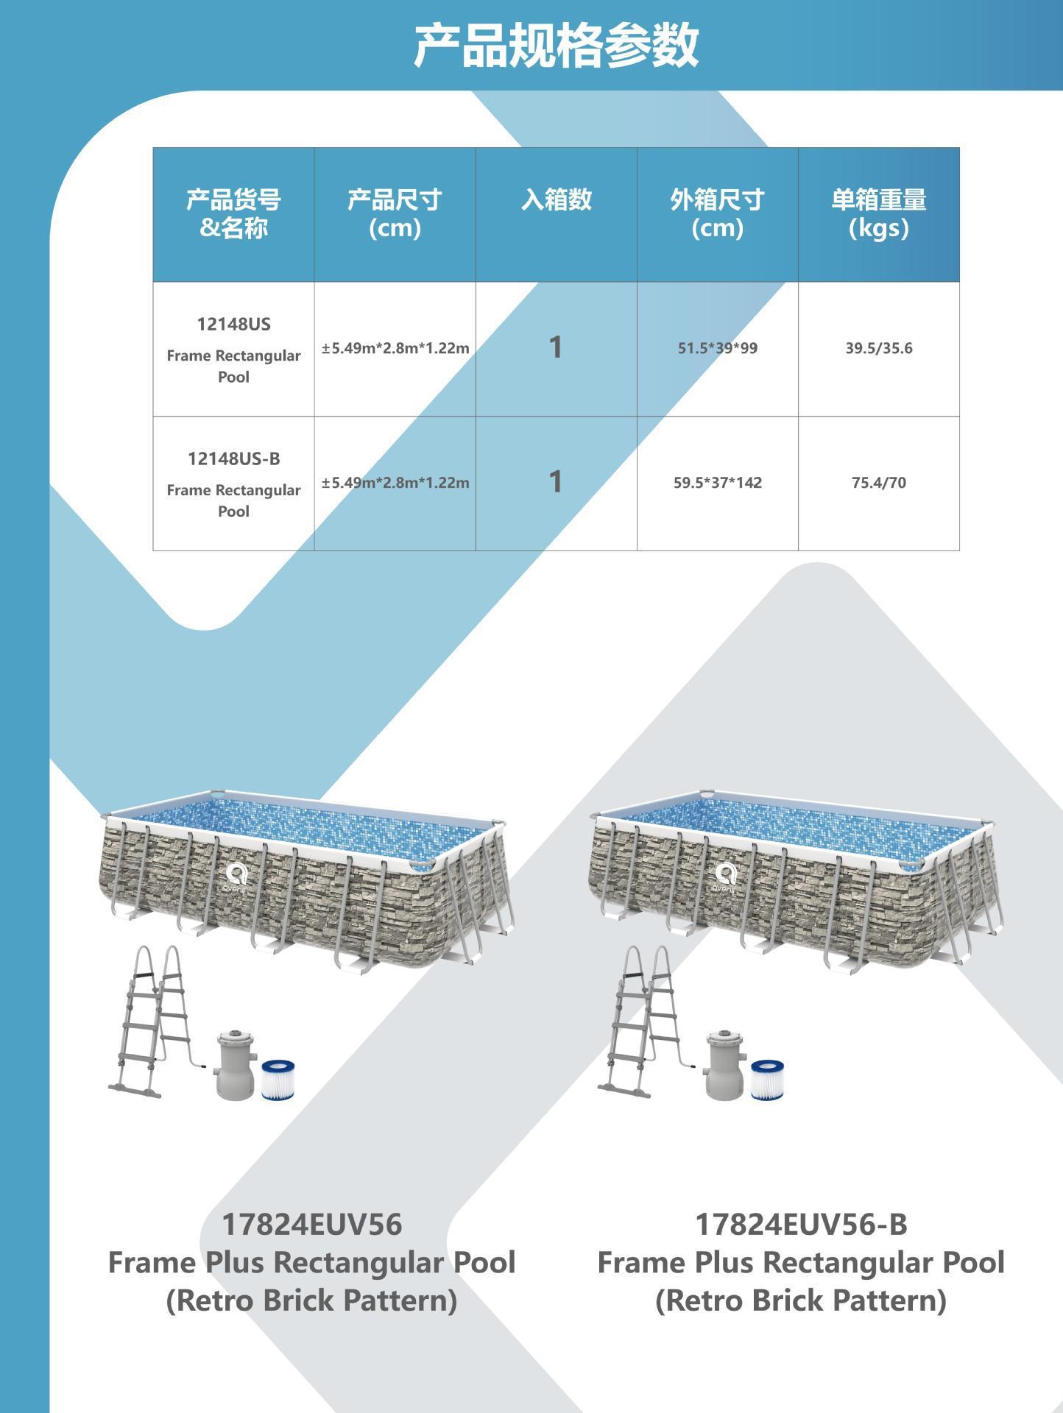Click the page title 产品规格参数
(x=556, y=46)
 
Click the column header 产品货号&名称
(x=233, y=213)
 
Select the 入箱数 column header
(x=556, y=199)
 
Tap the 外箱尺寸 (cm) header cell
(x=717, y=213)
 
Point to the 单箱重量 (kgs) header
(x=878, y=213)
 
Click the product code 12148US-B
(x=233, y=458)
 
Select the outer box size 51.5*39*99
(x=717, y=348)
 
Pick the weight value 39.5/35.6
(x=878, y=348)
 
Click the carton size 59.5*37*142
(x=717, y=483)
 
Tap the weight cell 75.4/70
(x=878, y=483)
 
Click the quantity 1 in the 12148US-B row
(x=556, y=482)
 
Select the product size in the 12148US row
(x=395, y=348)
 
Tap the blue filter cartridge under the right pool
(x=768, y=1080)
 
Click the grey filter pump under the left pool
(x=235, y=1065)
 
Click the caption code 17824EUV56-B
(x=801, y=1224)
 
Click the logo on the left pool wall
(x=236, y=877)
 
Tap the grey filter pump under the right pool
(x=724, y=1065)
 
